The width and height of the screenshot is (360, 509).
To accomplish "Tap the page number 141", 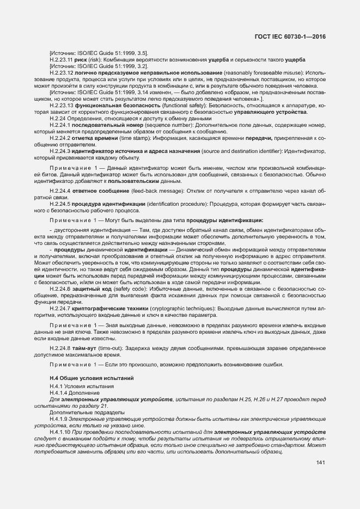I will pyautogui.click(x=320, y=463).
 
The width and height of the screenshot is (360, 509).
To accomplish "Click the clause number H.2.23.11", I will pyautogui.click(x=60, y=59).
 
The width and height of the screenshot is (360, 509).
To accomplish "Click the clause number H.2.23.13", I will pyautogui.click(x=61, y=106).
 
